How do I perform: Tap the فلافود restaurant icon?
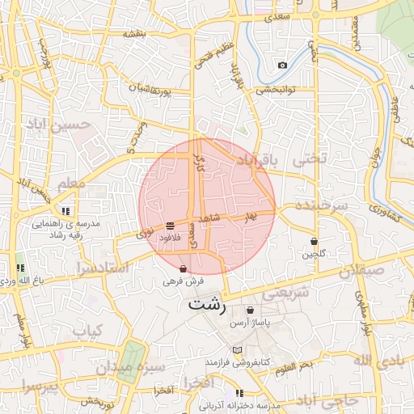[x=170, y=226]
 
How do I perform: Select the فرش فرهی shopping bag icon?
[x=184, y=269]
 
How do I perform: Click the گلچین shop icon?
[x=314, y=242]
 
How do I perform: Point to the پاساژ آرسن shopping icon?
[x=250, y=310]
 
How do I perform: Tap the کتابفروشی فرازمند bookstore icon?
[x=237, y=349]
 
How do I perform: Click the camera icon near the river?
[x=282, y=65]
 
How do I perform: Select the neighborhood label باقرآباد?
[x=256, y=163]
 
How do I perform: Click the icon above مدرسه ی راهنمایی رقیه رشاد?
[x=65, y=211]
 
